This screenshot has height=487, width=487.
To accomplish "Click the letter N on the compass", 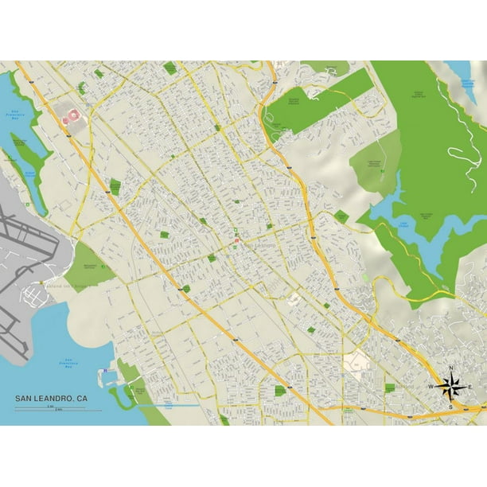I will pyautogui.click(x=451, y=368).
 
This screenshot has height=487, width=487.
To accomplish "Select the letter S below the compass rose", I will pyautogui.click(x=451, y=407).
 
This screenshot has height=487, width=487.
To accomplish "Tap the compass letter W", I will pyautogui.click(x=432, y=388).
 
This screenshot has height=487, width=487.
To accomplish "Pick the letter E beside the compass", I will pyautogui.click(x=470, y=388).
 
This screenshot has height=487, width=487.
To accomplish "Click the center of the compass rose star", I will pyautogui.click(x=451, y=388).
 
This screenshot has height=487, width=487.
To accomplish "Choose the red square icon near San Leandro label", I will pyautogui.click(x=236, y=238).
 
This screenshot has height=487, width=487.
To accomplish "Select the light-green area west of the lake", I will pyautogui.click(x=374, y=163).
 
